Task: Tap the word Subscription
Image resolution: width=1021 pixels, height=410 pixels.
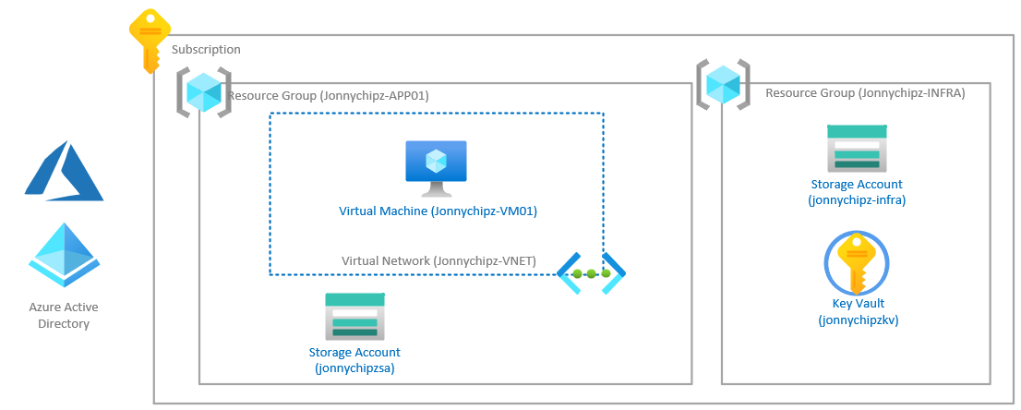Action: point(206,50)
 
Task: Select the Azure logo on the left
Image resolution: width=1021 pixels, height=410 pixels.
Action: point(64,171)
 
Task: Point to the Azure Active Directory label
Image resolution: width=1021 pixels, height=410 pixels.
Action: point(64,315)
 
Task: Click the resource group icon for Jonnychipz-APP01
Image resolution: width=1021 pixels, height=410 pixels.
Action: point(203,92)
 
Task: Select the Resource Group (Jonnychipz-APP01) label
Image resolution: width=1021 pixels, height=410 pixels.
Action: point(328,96)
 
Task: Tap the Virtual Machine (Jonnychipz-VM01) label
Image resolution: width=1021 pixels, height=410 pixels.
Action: point(438,211)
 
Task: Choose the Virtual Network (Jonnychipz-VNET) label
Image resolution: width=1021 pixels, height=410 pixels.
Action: point(438,261)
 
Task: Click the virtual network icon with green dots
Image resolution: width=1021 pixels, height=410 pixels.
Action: point(592,273)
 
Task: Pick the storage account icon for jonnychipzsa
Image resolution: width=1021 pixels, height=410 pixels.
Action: point(354,316)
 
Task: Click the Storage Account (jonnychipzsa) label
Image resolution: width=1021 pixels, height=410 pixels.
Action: point(354,360)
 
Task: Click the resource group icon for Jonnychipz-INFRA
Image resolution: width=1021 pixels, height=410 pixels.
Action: point(723,85)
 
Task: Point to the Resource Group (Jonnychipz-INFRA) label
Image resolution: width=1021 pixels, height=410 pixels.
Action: point(865,93)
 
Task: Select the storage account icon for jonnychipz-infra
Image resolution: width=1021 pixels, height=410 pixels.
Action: point(857,148)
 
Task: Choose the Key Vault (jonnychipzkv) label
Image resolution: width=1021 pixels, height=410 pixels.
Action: point(858,312)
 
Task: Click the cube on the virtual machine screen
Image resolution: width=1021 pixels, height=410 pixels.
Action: point(436,161)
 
